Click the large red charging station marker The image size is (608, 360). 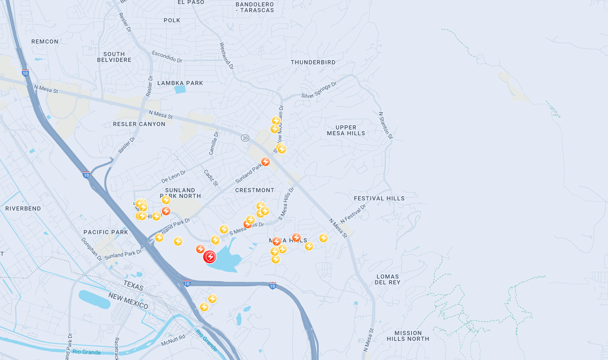click(210, 256)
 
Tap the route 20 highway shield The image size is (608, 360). click(245, 138)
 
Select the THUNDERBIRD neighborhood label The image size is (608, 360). click(313, 62)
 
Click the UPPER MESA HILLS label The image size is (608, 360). click(346, 130)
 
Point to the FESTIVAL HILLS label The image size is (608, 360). click(379, 198)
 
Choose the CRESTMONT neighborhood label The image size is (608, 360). click(255, 190)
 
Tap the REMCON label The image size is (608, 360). click(45, 42)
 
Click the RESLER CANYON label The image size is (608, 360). click(139, 124)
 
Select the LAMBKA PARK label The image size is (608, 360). click(180, 83)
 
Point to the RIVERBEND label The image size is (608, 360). click(23, 208)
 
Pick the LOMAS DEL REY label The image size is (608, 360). click(387, 279)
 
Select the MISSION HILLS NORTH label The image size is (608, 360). click(408, 336)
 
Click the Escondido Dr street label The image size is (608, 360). click(167, 57)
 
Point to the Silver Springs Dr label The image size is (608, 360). click(319, 90)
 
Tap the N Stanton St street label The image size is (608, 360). click(385, 125)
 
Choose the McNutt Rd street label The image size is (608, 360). click(173, 340)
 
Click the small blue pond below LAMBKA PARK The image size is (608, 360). click(180, 90)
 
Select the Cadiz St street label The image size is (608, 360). click(211, 177)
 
